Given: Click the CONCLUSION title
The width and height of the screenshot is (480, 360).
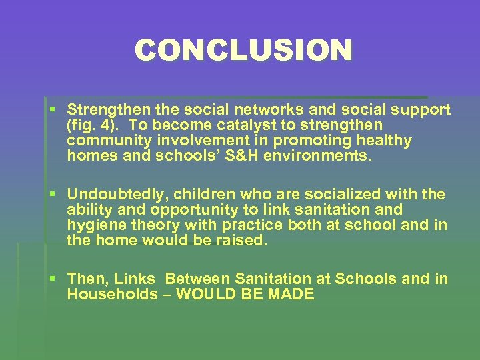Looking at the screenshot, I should (243, 51).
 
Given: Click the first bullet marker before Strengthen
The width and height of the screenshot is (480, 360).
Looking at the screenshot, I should (54, 109).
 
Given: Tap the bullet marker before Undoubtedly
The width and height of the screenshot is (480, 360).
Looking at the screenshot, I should (54, 195).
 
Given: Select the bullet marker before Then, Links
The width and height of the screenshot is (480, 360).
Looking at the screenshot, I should (54, 279).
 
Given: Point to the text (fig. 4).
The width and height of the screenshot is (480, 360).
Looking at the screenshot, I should (93, 125).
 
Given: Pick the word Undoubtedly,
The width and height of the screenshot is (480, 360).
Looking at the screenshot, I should (114, 195).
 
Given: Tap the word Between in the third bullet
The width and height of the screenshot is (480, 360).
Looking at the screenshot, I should (195, 279).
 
